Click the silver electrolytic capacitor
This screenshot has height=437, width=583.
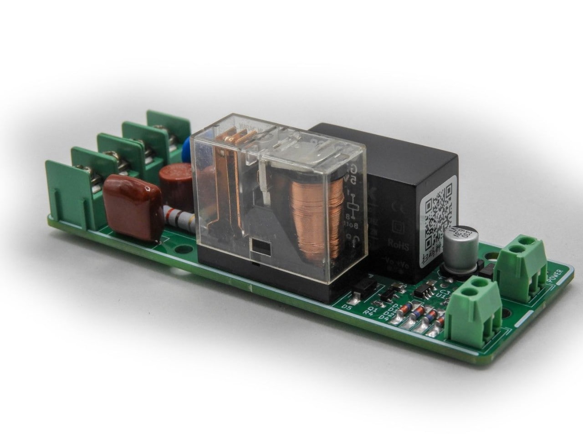(461, 248)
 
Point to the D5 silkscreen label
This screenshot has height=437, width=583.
(347, 307)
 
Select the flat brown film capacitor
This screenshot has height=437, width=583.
(132, 208)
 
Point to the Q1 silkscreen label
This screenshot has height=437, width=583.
(372, 308)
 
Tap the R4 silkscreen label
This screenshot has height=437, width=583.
(368, 313)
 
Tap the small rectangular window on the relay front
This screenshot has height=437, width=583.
(260, 248)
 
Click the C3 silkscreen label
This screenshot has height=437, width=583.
(446, 292)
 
